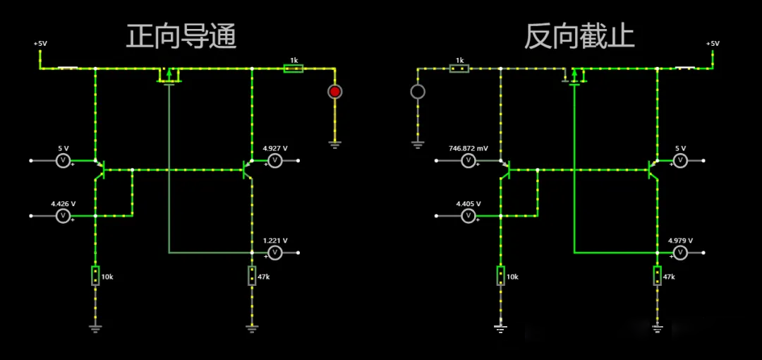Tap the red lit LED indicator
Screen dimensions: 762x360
click(x=334, y=92)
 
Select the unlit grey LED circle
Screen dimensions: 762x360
click(x=418, y=92)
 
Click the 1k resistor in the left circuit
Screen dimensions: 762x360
click(x=293, y=68)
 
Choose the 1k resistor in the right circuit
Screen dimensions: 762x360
click(x=459, y=68)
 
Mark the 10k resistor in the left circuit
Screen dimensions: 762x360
click(x=95, y=275)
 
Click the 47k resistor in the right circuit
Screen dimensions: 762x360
click(x=657, y=275)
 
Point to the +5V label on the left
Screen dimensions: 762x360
click(x=40, y=44)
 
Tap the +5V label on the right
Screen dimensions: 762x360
click(x=713, y=44)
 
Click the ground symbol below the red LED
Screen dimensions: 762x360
click(x=334, y=144)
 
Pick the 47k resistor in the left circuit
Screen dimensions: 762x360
click(x=252, y=275)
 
